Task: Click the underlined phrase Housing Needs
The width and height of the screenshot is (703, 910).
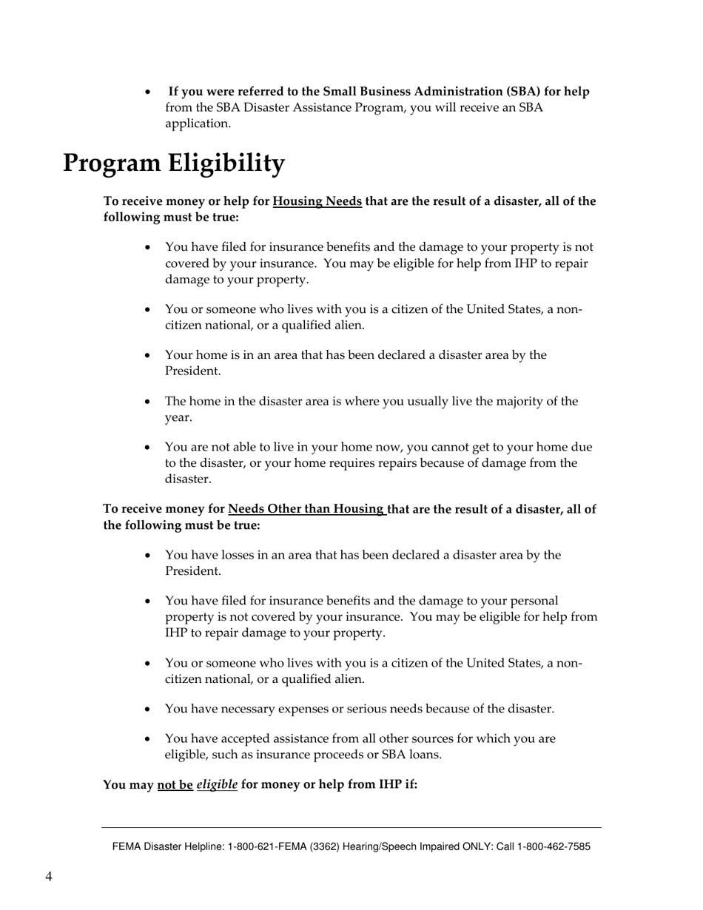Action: tap(317, 201)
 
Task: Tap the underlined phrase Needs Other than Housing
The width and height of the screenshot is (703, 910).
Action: tap(306, 509)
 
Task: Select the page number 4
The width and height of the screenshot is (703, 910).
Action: tap(49, 877)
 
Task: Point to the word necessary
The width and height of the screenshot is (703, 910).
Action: tap(223, 709)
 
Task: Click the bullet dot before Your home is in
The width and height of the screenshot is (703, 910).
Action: tap(149, 356)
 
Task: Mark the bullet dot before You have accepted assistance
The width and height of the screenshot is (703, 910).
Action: tap(149, 739)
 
